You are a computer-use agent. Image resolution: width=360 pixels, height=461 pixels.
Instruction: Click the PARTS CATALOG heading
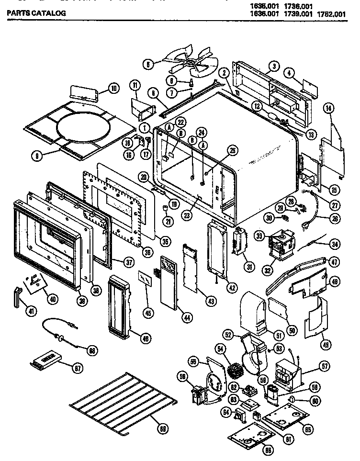tap(35, 13)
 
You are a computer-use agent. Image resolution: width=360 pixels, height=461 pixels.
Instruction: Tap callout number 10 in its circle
tap(113, 88)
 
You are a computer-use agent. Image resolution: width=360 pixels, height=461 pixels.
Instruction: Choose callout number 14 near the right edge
tap(328, 108)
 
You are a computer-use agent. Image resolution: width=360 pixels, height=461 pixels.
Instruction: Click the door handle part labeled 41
tap(18, 297)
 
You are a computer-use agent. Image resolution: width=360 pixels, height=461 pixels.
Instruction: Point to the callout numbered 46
tap(142, 339)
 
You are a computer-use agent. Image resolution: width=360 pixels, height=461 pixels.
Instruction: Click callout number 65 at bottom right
tap(308, 429)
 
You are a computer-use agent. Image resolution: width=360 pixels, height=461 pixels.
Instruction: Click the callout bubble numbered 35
tap(165, 241)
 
